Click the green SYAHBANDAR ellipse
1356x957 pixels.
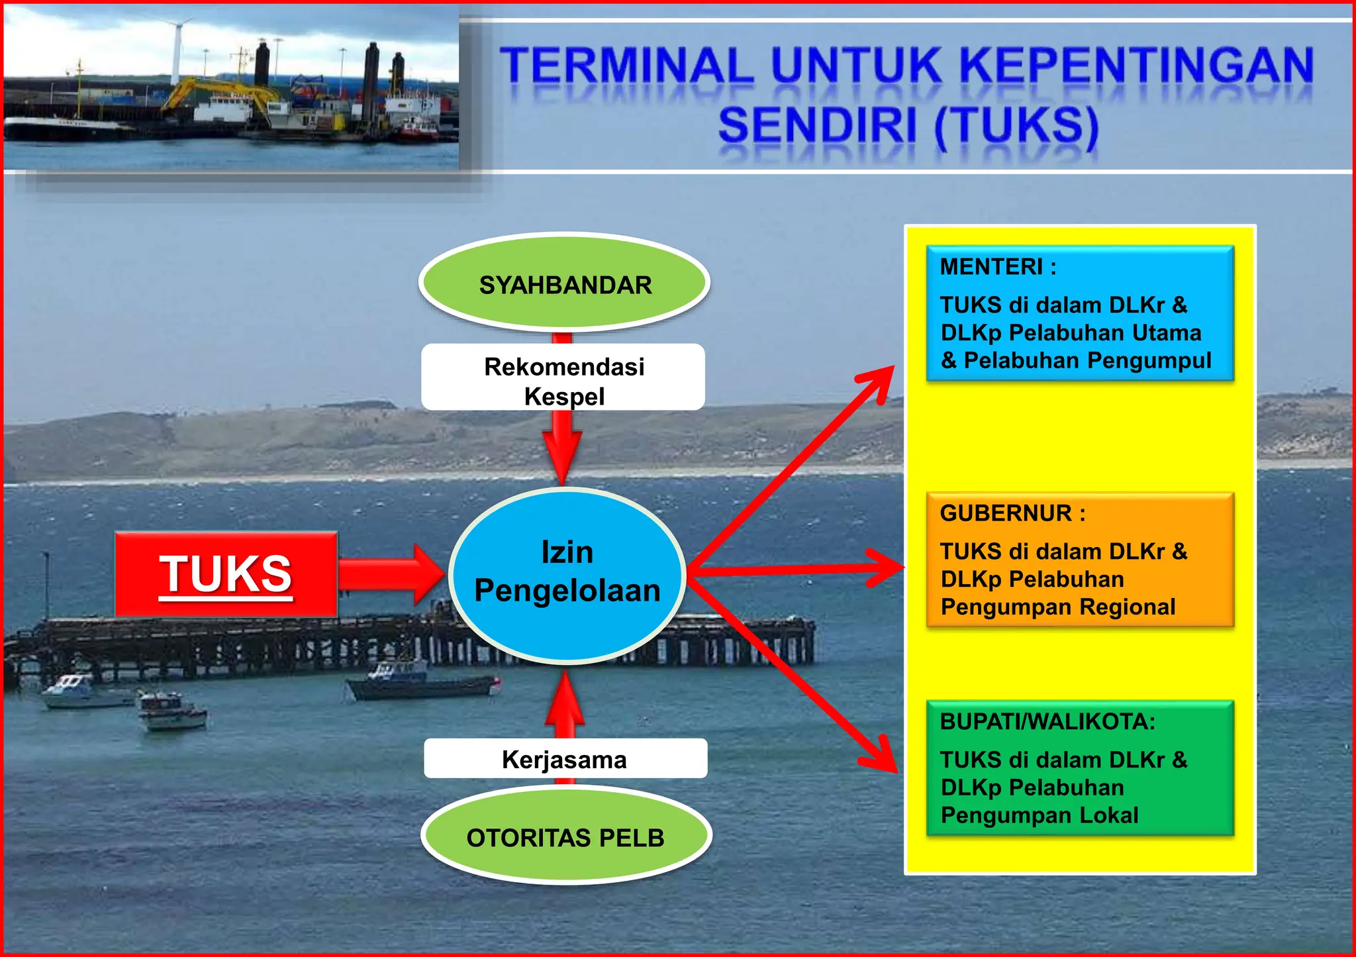pyautogui.click(x=565, y=283)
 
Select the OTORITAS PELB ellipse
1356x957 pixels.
pyautogui.click(x=566, y=837)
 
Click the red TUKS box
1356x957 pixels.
pyautogui.click(x=226, y=574)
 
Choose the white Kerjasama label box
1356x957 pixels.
pyautogui.click(x=565, y=759)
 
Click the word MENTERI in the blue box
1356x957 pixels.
pyautogui.click(x=991, y=267)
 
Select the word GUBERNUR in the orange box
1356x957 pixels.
pyautogui.click(x=1006, y=513)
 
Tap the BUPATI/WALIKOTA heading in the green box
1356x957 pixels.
pyautogui.click(x=1047, y=721)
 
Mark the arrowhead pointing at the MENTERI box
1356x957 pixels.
pyautogui.click(x=879, y=381)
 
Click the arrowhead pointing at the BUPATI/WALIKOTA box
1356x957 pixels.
pyautogui.click(x=881, y=756)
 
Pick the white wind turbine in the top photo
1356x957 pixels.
pyautogui.click(x=176, y=50)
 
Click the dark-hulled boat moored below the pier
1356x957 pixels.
pyautogui.click(x=424, y=687)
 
